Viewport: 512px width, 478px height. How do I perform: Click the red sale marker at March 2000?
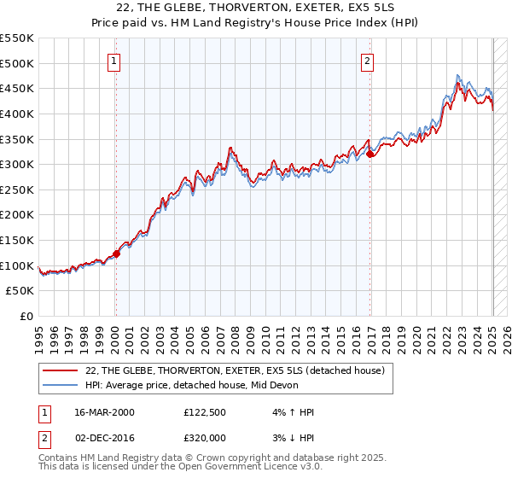(117, 253)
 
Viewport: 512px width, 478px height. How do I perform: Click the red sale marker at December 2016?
(370, 154)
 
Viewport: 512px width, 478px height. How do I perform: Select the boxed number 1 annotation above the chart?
(114, 61)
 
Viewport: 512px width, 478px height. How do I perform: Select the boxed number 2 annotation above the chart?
(367, 61)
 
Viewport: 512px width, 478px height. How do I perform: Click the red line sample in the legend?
(61, 370)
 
